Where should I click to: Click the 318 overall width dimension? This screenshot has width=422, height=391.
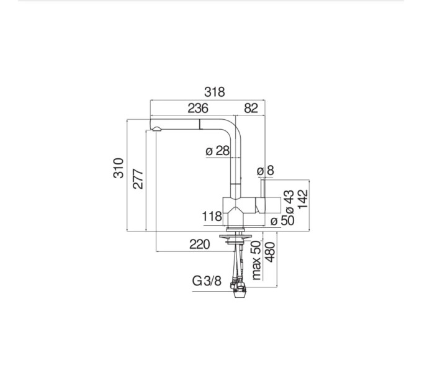[214, 92]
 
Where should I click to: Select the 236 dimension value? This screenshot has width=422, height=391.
[198, 108]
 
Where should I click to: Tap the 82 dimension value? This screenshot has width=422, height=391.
[251, 108]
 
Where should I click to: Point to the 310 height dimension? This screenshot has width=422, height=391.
[119, 168]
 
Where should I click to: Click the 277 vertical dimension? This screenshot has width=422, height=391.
[138, 179]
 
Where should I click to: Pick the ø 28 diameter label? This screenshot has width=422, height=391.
[217, 151]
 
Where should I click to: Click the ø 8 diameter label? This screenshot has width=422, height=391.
[266, 171]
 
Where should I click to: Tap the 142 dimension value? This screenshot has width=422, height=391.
[303, 199]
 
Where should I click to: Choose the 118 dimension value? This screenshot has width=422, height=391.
[212, 217]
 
